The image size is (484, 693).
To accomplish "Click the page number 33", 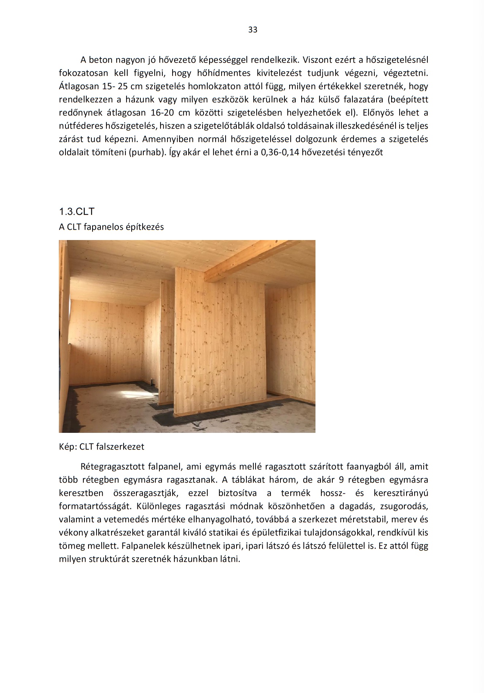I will click(x=253, y=30).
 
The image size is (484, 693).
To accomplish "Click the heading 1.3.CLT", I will click(x=77, y=211).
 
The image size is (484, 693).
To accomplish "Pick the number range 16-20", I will click(x=162, y=113).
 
